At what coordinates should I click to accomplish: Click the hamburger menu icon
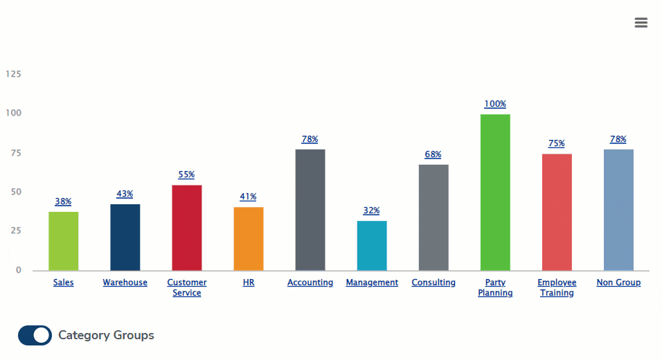(x=641, y=23)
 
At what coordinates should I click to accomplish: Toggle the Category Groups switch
(x=35, y=335)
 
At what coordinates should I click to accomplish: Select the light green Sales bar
(x=63, y=241)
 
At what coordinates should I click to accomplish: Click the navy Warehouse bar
(x=125, y=237)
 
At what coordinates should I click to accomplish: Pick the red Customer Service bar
(x=186, y=228)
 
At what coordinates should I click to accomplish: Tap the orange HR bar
(x=249, y=239)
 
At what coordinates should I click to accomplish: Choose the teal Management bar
(x=372, y=246)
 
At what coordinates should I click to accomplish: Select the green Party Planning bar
(x=495, y=192)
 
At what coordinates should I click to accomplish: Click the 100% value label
(x=495, y=104)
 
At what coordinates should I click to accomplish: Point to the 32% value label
(x=372, y=210)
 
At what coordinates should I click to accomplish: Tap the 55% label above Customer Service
(x=186, y=174)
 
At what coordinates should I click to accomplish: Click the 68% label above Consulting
(x=433, y=154)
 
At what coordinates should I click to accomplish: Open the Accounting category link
(x=310, y=282)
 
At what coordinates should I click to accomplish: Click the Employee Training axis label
(x=557, y=287)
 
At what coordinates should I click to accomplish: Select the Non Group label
(x=618, y=282)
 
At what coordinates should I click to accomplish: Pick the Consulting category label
(x=433, y=282)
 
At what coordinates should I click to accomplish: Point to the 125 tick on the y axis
(x=13, y=73)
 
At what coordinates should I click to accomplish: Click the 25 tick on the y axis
(x=15, y=231)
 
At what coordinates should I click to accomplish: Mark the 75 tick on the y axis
(x=15, y=152)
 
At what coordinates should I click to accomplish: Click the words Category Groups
(x=106, y=335)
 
